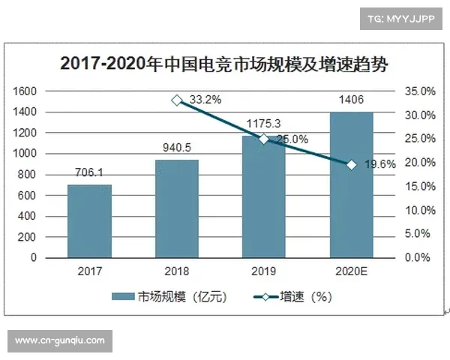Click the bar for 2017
(x=89, y=221)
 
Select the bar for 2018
(x=176, y=208)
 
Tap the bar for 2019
(x=264, y=196)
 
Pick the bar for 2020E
(x=351, y=184)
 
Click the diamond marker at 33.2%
(x=176, y=100)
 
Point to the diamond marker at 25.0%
(x=264, y=139)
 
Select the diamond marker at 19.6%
(x=351, y=164)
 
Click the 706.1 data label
(x=89, y=172)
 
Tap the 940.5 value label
(x=176, y=148)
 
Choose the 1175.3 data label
(x=264, y=123)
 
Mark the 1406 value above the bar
(x=351, y=100)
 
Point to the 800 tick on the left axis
(x=28, y=174)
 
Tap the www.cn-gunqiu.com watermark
(x=60, y=340)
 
